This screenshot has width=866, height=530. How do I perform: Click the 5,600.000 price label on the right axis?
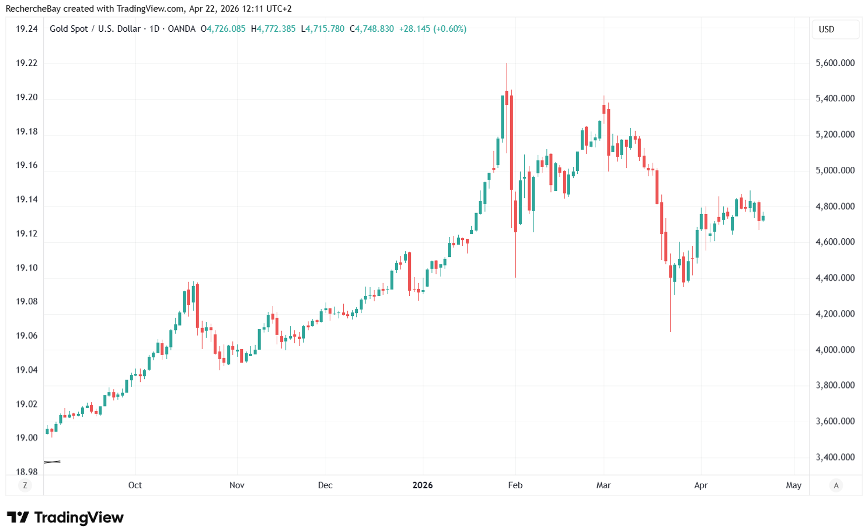click(x=835, y=63)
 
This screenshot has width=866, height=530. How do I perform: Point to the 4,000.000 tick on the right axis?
click(x=835, y=350)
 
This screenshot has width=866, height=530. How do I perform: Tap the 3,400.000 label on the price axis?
click(x=835, y=457)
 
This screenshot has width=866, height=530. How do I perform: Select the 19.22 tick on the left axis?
click(x=26, y=63)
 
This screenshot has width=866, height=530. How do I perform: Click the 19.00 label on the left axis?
click(x=26, y=438)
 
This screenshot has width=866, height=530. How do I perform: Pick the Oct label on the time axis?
click(x=135, y=485)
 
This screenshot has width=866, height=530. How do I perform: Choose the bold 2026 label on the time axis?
click(x=422, y=485)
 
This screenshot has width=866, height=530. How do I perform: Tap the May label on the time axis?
click(x=793, y=485)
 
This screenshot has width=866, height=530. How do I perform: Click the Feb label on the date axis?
click(x=515, y=485)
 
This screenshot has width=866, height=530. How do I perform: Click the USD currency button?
click(x=835, y=29)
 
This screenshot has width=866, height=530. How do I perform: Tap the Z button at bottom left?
click(x=25, y=486)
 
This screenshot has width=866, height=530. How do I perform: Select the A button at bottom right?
click(x=836, y=486)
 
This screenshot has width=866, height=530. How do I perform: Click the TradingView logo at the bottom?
click(x=65, y=517)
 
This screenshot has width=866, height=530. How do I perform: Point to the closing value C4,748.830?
click(x=372, y=29)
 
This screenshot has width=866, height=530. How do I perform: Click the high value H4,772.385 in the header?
click(x=273, y=29)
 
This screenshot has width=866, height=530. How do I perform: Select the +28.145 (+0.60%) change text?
click(x=432, y=29)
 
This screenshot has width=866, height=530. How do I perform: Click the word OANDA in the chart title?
click(x=181, y=29)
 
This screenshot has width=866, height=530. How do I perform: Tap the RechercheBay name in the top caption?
click(x=33, y=9)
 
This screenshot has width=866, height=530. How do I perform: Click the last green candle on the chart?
click(x=763, y=218)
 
